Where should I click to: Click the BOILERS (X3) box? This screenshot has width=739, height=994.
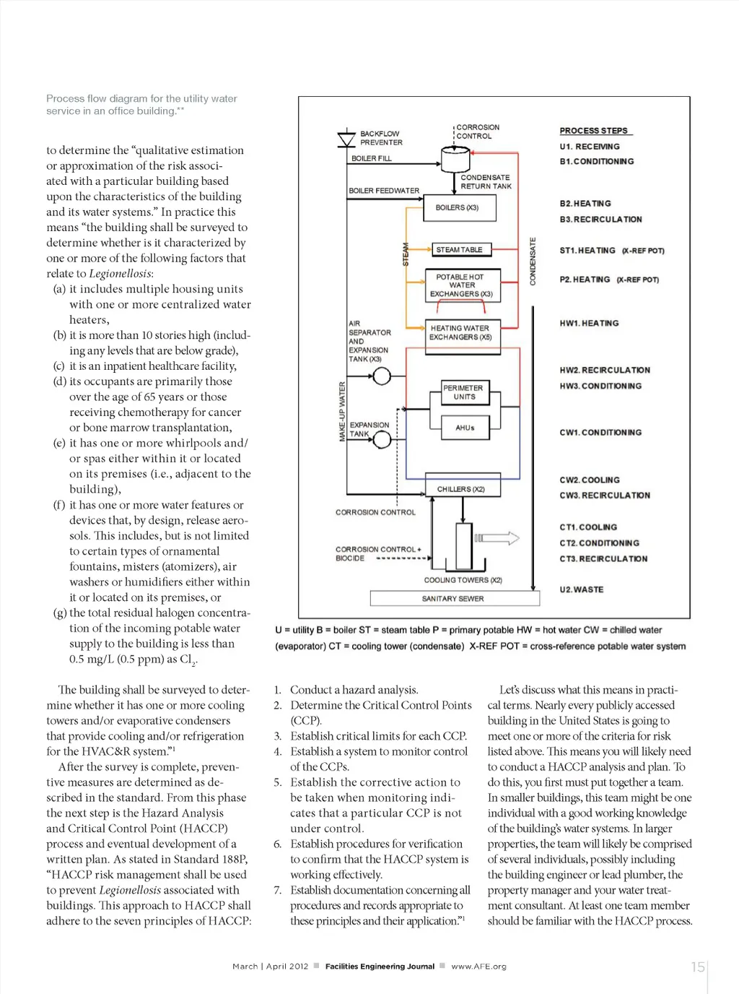click(456, 208)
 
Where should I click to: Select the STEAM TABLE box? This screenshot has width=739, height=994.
click(460, 250)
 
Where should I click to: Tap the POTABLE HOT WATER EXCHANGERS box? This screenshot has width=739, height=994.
click(462, 285)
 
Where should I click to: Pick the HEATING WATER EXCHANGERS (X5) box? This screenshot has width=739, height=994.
click(460, 333)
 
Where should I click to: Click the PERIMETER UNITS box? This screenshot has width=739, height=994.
click(464, 392)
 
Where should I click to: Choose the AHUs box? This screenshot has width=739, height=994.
click(465, 428)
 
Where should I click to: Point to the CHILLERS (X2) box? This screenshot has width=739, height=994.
click(460, 489)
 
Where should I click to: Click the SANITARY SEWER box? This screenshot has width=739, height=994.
click(454, 598)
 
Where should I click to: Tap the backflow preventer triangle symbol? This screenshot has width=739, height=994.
click(346, 139)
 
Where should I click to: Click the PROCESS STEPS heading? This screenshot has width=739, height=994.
click(594, 131)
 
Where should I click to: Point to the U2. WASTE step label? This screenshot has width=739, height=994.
click(582, 589)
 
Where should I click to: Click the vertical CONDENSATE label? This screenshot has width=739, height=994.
click(533, 261)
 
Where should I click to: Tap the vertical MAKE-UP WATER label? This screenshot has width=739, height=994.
click(342, 412)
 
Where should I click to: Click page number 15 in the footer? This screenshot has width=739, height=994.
click(697, 967)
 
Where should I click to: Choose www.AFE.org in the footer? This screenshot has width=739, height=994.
click(478, 967)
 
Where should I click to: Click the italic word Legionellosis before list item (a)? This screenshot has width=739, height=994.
click(120, 274)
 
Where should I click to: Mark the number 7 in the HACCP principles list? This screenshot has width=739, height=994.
click(277, 890)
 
